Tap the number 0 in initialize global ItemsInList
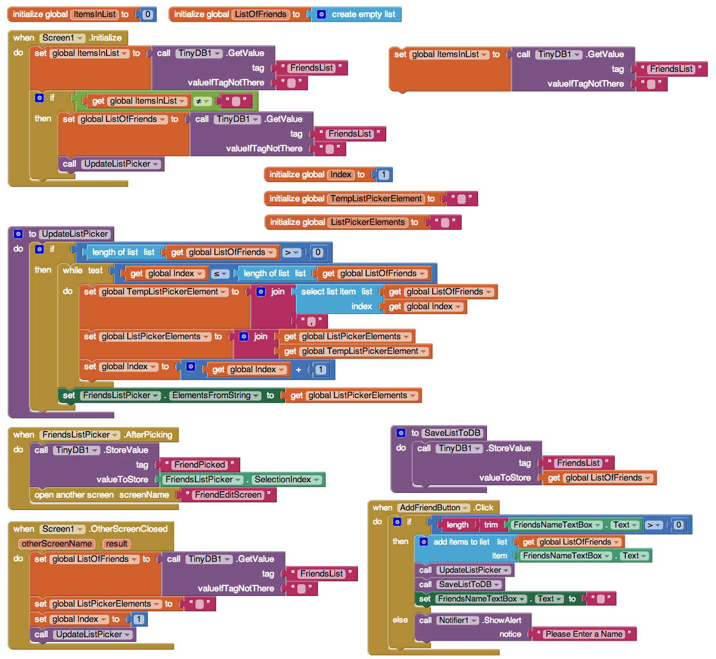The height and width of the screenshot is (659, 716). [147, 14]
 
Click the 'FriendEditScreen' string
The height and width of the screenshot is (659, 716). [228, 495]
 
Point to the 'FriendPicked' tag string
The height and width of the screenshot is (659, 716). [200, 465]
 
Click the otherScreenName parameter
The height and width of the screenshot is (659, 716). [57, 544]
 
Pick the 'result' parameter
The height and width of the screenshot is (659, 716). [117, 544]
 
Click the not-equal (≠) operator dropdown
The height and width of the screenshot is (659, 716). [202, 101]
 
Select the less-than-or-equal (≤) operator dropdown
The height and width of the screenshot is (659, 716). [220, 274]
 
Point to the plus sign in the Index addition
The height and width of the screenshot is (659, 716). [299, 370]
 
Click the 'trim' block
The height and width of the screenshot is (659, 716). [490, 525]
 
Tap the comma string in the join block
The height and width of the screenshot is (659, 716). [311, 322]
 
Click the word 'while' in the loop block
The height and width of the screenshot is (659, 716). [72, 270]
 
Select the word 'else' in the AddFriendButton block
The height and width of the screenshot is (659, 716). [400, 620]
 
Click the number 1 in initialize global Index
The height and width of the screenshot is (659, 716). [383, 174]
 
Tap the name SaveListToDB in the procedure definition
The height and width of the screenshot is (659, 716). [452, 433]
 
